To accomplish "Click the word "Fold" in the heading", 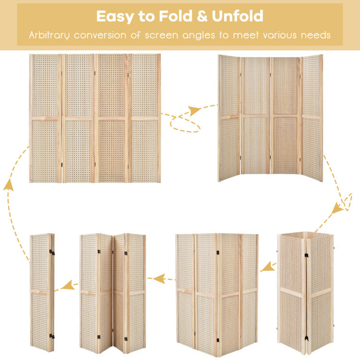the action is (x=176, y=16).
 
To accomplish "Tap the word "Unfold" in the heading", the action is (x=238, y=16).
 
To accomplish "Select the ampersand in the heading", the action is (x=202, y=16).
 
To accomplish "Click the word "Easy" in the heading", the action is (x=115, y=16).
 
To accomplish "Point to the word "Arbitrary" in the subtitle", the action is (x=49, y=36).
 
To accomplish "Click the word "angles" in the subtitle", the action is (x=199, y=36).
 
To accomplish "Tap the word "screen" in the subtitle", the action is (x=161, y=36).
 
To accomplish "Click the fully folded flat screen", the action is (x=42, y=292).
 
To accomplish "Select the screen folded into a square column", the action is (x=305, y=293).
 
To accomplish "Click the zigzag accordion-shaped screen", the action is (x=113, y=293).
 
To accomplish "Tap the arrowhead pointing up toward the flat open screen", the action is (x=8, y=185).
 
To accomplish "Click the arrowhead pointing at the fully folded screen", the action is (x=68, y=285).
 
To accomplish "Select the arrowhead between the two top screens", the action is (x=194, y=110).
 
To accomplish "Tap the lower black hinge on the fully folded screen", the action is (x=52, y=337).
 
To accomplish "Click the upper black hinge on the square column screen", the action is (x=306, y=255).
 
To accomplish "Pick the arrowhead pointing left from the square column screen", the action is (x=267, y=267).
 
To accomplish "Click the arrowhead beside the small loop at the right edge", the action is (x=337, y=208).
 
